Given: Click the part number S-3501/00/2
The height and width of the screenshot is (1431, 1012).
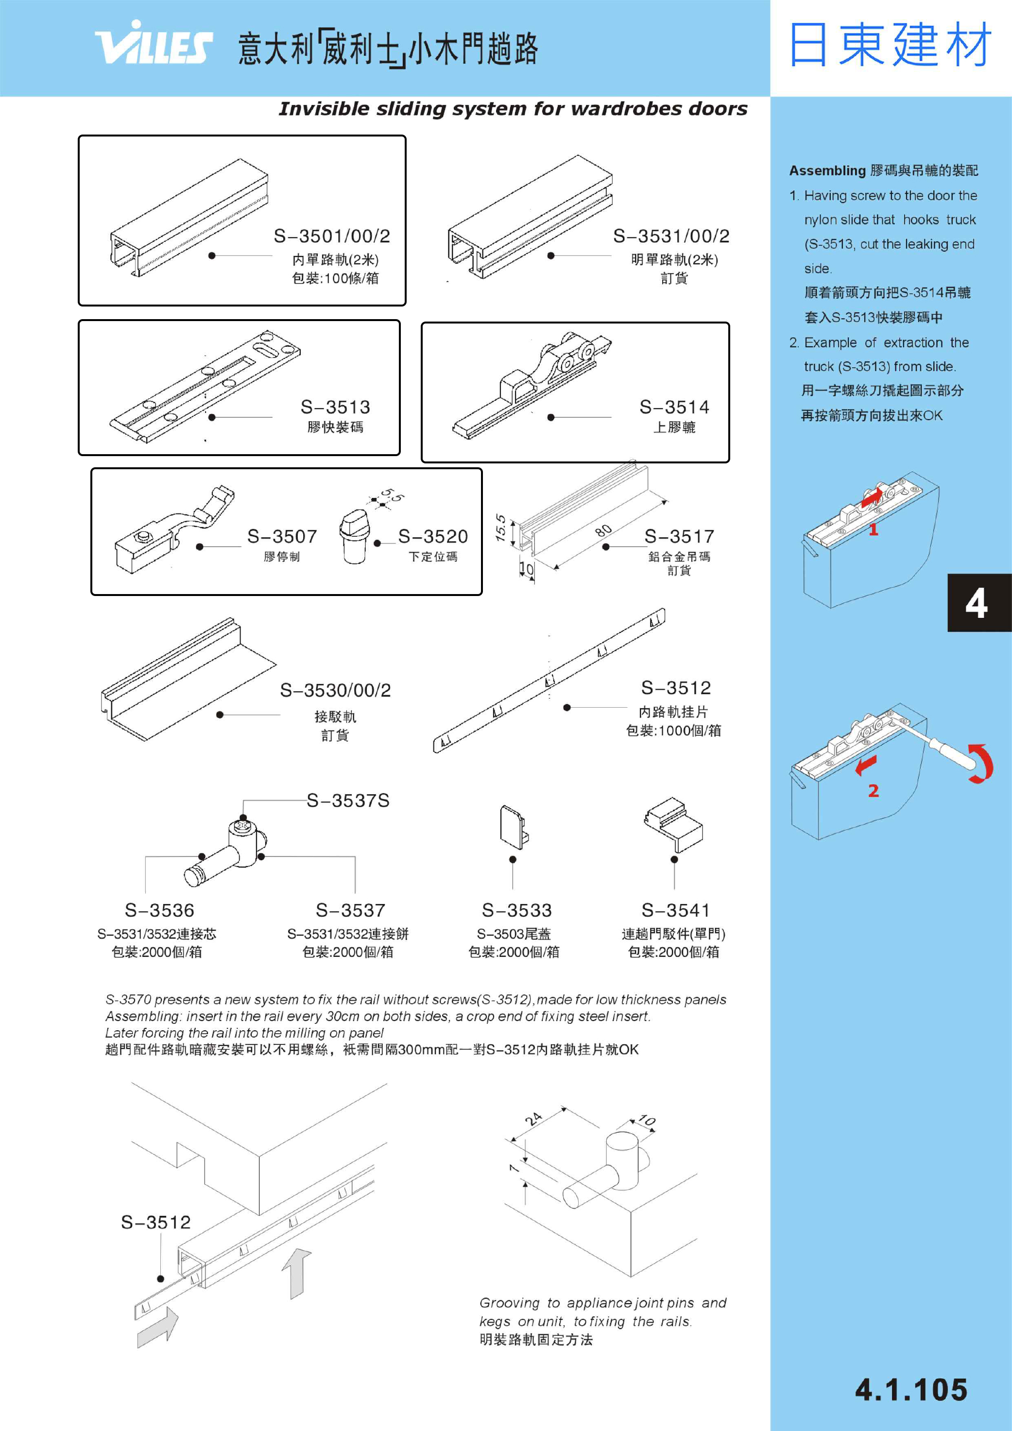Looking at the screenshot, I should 332,236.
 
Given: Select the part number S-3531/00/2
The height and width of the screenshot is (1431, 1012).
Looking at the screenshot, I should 671,236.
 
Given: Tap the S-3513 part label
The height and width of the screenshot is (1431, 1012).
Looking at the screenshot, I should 335,408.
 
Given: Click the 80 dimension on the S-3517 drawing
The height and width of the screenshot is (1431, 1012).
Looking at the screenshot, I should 603,530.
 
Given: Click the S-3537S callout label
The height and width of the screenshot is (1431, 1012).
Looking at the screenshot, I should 348,801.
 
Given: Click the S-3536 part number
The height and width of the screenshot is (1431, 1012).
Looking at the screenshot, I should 160,911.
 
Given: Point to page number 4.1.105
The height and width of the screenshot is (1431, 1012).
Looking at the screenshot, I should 911,1391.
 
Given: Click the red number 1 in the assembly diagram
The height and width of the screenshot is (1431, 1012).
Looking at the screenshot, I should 874,530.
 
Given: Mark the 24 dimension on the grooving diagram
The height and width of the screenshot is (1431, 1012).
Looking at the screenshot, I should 534,1119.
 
